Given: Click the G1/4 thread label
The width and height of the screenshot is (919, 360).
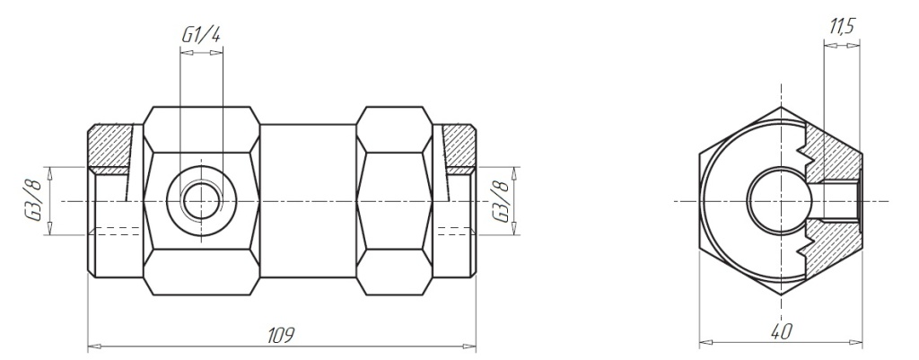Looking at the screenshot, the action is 201,35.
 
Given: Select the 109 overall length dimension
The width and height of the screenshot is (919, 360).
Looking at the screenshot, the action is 281,336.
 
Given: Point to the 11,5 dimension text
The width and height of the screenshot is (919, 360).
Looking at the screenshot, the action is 842,26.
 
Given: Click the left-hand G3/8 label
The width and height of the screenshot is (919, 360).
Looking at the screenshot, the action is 35,201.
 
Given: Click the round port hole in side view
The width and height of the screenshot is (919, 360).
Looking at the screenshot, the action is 201,201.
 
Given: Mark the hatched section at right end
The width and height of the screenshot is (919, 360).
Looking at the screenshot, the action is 459,149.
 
